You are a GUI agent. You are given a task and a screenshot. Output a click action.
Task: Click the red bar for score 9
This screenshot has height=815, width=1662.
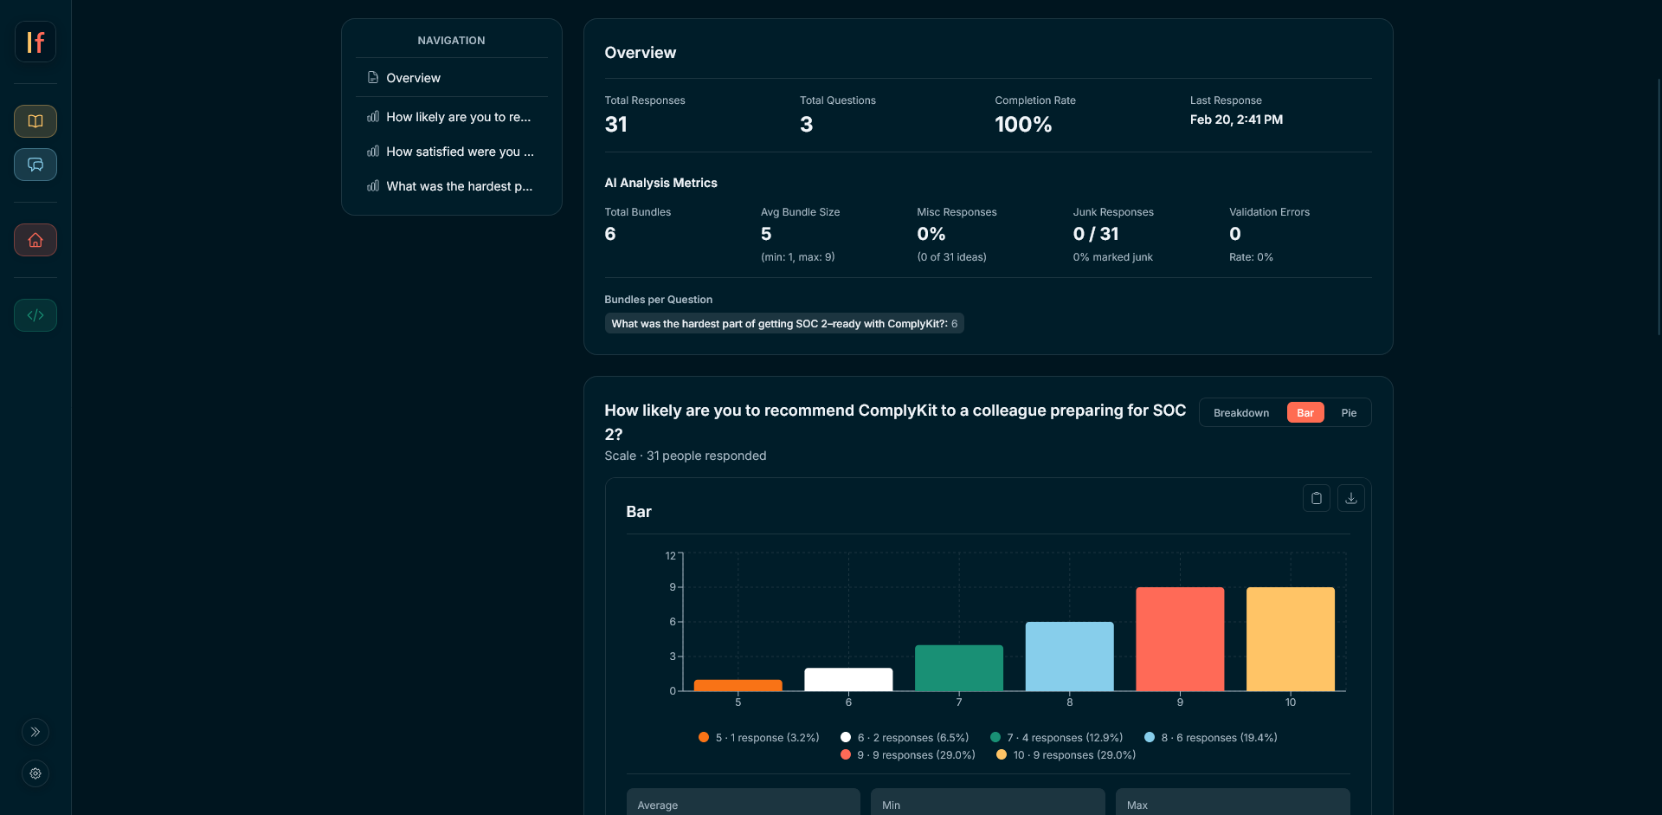pyautogui.click(x=1180, y=639)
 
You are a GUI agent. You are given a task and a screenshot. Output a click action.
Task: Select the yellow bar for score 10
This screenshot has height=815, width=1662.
pyautogui.click(x=1290, y=639)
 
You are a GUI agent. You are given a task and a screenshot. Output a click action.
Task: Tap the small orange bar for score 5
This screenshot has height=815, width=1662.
pyautogui.click(x=738, y=685)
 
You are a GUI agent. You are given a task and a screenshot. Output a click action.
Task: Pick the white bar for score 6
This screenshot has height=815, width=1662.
pyautogui.click(x=848, y=679)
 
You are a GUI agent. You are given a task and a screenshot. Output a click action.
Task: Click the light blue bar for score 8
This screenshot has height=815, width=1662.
pyautogui.click(x=1069, y=657)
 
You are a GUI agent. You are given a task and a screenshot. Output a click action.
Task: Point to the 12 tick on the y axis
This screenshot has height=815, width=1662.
pyautogui.click(x=670, y=556)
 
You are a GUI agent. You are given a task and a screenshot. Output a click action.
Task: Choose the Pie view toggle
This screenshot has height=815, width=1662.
pyautogui.click(x=1348, y=413)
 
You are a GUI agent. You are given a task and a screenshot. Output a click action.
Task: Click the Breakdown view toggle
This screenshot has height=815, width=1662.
pyautogui.click(x=1240, y=413)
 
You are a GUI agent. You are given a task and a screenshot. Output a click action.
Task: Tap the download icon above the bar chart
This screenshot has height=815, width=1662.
pyautogui.click(x=1350, y=498)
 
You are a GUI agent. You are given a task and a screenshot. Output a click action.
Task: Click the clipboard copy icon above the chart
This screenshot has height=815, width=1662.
pyautogui.click(x=1316, y=498)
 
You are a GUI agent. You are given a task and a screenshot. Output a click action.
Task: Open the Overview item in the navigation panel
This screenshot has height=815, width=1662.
pyautogui.click(x=413, y=78)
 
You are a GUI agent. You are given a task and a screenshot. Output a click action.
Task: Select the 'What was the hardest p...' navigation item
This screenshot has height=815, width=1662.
pyautogui.click(x=458, y=186)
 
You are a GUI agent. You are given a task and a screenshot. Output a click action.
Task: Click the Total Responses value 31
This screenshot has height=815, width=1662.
pyautogui.click(x=615, y=125)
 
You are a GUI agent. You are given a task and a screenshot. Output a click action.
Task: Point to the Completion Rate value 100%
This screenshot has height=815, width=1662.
pyautogui.click(x=1022, y=125)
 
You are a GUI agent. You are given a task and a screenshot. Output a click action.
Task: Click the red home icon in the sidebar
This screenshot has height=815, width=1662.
pyautogui.click(x=35, y=240)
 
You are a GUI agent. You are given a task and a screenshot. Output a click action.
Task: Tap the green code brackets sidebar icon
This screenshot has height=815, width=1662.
pyautogui.click(x=35, y=315)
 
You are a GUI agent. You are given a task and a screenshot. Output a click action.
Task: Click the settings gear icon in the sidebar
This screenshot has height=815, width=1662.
pyautogui.click(x=35, y=773)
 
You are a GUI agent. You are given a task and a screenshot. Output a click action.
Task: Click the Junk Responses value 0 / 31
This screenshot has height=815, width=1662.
pyautogui.click(x=1095, y=234)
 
